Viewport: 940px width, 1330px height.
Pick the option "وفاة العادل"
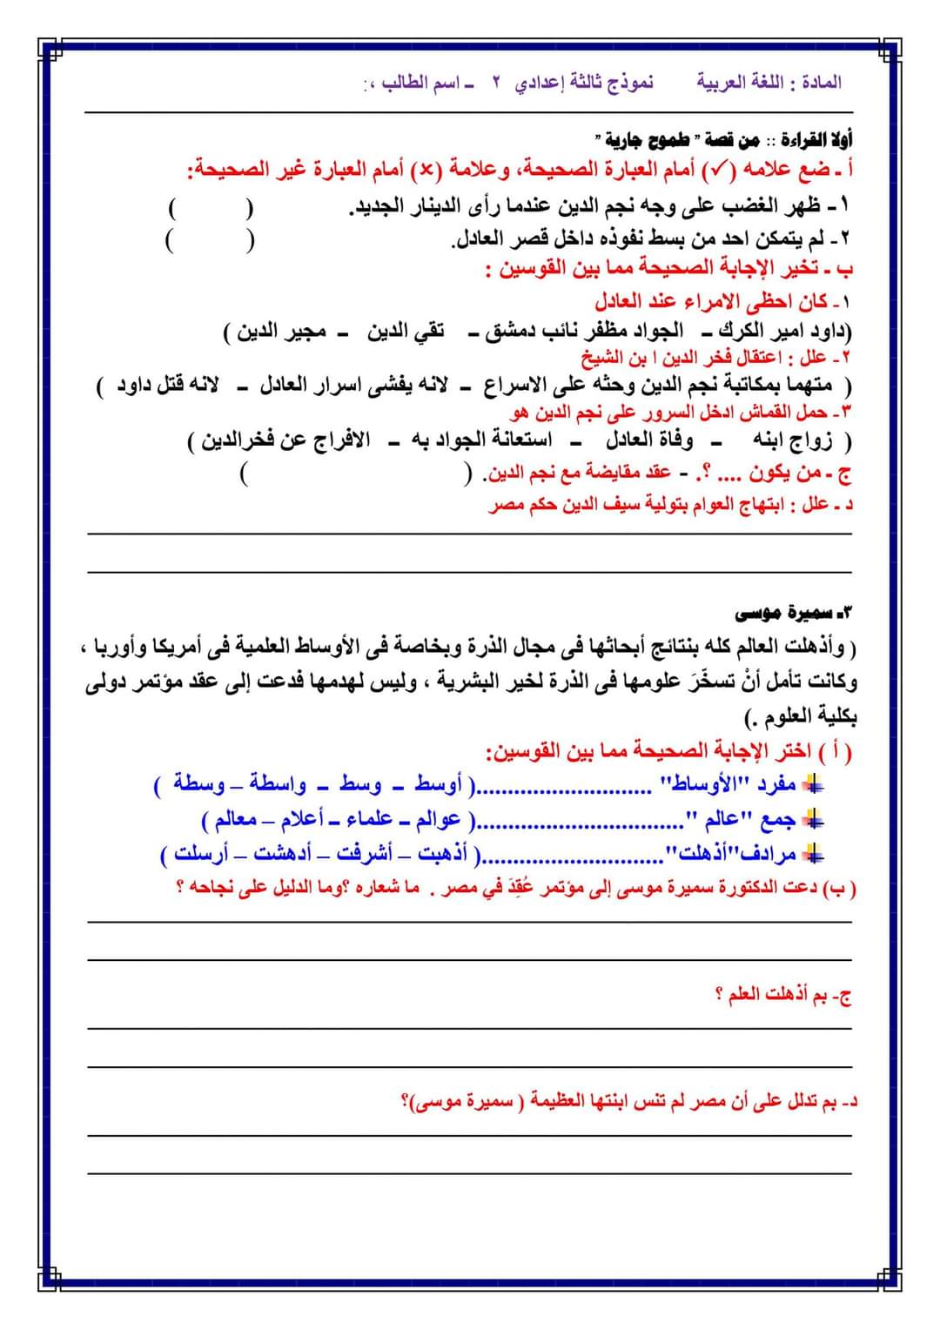coord(649,440)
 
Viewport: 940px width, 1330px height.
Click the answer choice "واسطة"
coord(278,785)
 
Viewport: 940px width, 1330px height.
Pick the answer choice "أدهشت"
coord(282,854)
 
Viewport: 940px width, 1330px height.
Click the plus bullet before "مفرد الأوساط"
coord(813,785)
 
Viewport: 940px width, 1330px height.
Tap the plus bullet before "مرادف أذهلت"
coord(813,855)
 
